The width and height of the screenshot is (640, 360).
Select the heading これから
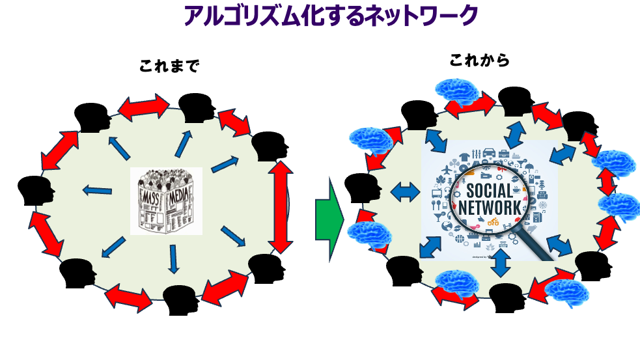click(479, 61)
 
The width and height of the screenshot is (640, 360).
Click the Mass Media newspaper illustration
click(166, 201)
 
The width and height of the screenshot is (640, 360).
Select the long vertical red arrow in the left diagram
click(281, 206)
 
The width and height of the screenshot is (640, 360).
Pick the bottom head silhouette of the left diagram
click(180, 298)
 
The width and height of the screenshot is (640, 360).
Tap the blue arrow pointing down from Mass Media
click(173, 258)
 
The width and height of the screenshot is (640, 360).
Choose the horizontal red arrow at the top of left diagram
click(143, 106)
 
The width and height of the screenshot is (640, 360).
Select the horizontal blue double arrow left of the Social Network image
click(405, 191)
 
